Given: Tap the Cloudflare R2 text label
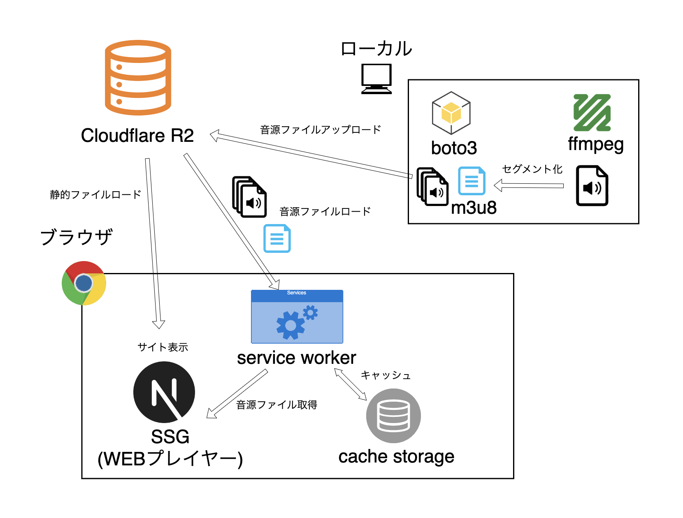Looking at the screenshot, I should (137, 136).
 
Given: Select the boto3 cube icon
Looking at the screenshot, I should (451, 113).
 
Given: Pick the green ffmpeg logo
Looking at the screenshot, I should (592, 113).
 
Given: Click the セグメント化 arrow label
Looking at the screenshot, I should (532, 169).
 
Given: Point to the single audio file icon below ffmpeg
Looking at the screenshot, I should (592, 185).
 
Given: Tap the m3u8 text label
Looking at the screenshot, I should (474, 208).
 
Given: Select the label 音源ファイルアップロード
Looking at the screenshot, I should (321, 130).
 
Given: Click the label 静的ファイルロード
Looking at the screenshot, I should (95, 194).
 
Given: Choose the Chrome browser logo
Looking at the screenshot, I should (84, 283).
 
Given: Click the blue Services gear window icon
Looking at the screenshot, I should (297, 317).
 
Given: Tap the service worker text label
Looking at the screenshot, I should (296, 358).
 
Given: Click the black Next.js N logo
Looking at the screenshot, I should (164, 392).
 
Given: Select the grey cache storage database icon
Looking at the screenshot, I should (393, 416).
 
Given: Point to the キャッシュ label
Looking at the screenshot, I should (386, 375).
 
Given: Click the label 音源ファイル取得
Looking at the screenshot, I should (276, 405).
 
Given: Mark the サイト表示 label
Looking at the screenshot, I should (163, 347).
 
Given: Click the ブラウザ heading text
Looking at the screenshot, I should (77, 237).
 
